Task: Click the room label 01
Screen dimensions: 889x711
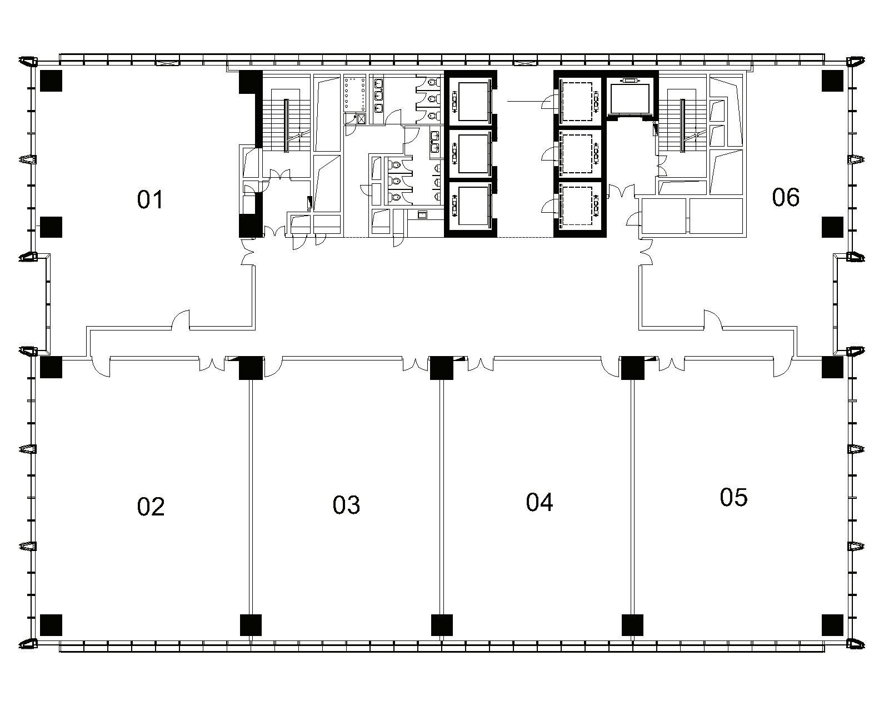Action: pyautogui.click(x=150, y=199)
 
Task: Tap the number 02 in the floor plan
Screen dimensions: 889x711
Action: pyautogui.click(x=151, y=507)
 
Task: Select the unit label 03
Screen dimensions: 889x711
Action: pyautogui.click(x=346, y=505)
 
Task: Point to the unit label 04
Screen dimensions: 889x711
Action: pyautogui.click(x=539, y=502)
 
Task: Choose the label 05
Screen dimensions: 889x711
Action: pyautogui.click(x=733, y=497)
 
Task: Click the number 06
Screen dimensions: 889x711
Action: pyautogui.click(x=786, y=197)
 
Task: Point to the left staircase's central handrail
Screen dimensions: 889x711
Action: pyautogui.click(x=286, y=126)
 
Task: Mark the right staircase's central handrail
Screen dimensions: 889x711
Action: pyautogui.click(x=682, y=126)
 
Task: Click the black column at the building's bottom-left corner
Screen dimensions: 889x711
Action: pyautogui.click(x=51, y=625)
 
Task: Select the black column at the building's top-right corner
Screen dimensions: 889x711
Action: pyautogui.click(x=832, y=81)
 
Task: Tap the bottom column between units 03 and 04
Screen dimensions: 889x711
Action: pyautogui.click(x=442, y=625)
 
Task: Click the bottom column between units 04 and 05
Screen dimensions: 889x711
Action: pyautogui.click(x=632, y=625)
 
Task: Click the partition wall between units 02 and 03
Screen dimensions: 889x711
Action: pyautogui.click(x=251, y=496)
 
